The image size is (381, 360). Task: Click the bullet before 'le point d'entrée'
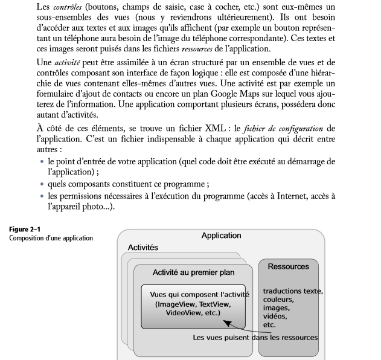42,162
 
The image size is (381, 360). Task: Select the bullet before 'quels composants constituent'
42,184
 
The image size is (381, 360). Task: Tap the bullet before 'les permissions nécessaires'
42,196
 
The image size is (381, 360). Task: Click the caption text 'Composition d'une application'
51,237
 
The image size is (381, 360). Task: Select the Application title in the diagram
221,236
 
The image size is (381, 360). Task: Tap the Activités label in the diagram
143,248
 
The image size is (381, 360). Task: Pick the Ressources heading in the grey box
288,266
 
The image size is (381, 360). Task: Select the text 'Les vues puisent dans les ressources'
255,337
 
